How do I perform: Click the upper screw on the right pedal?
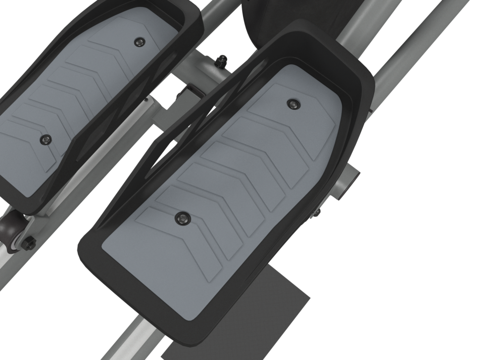click(294, 103)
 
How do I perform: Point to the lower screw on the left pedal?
click(46, 139)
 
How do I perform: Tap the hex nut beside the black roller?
click(29, 242)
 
